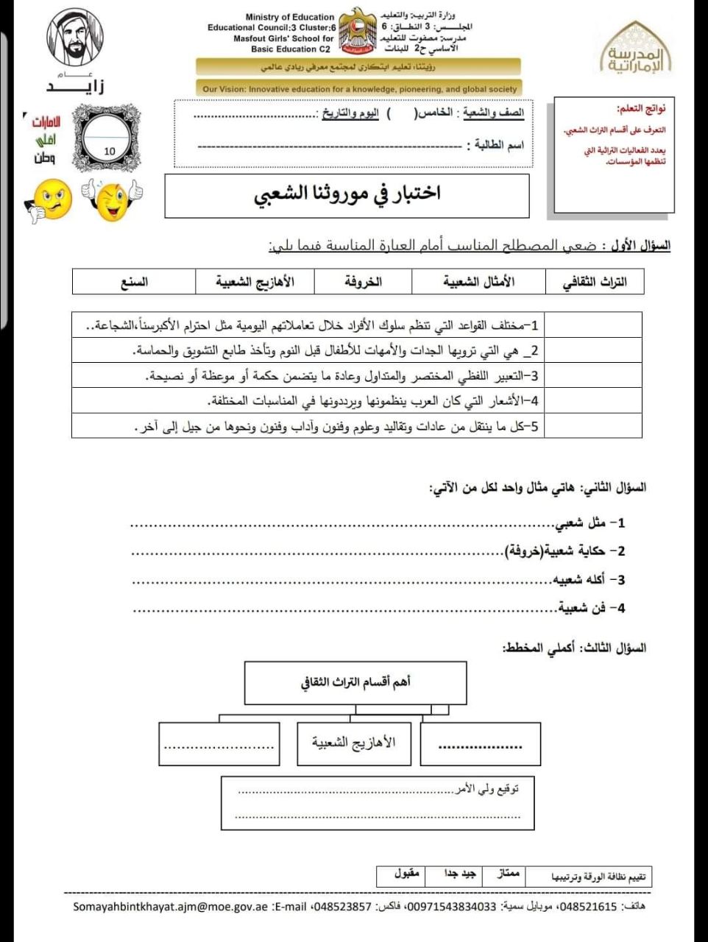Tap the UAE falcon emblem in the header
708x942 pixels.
[x=358, y=31]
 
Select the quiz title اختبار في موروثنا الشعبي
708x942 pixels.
[x=347, y=194]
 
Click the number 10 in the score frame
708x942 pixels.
[x=110, y=151]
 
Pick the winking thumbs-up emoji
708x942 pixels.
[x=113, y=199]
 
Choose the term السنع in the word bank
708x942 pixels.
[x=134, y=282]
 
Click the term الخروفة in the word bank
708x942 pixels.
[x=363, y=282]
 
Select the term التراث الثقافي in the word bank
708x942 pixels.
[x=594, y=282]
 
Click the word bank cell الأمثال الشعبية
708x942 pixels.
[x=478, y=282]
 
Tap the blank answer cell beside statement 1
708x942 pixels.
[x=592, y=325]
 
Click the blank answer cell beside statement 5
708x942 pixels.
[x=592, y=426]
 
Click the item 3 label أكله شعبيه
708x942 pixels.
[x=588, y=580]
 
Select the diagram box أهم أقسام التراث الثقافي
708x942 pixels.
[x=355, y=683]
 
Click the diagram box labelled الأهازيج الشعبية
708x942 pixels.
[x=353, y=743]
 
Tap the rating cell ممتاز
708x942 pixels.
[x=509, y=875]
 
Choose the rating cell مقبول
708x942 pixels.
[x=406, y=875]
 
